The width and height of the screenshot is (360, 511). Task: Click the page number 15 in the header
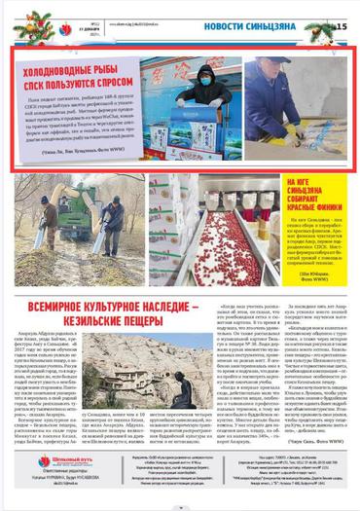point(342,24)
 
